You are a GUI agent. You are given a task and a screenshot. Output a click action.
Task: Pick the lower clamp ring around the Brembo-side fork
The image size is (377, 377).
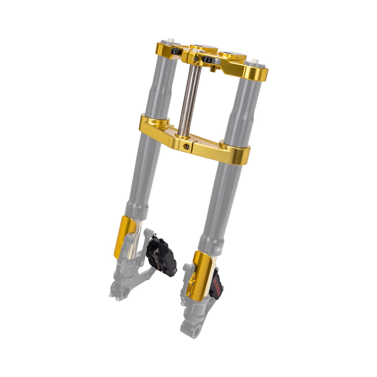pyautogui.click(x=236, y=153)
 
